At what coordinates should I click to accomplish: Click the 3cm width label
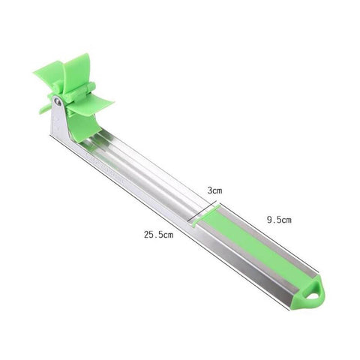click(215, 190)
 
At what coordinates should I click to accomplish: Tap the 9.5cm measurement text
click(278, 220)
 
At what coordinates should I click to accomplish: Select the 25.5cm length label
click(159, 235)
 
